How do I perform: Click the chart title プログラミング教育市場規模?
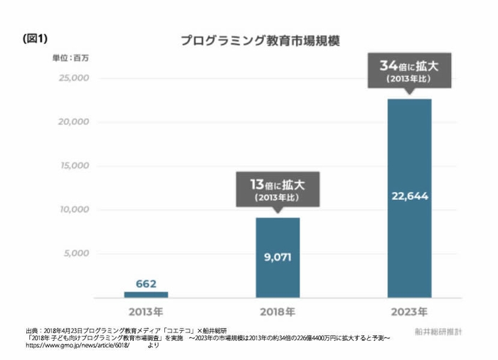pyautogui.click(x=259, y=41)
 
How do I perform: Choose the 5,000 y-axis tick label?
pyautogui.click(x=75, y=254)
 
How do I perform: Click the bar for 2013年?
pyautogui.click(x=146, y=295)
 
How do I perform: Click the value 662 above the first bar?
pyautogui.click(x=146, y=284)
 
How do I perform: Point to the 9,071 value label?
pyautogui.click(x=277, y=257)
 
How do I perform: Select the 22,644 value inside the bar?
pyautogui.click(x=409, y=196)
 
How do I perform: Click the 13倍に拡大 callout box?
pyautogui.click(x=277, y=189)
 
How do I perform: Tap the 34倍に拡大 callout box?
pyautogui.click(x=409, y=70)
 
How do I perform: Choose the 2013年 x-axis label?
pyautogui.click(x=146, y=312)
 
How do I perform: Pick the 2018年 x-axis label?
pyautogui.click(x=277, y=312)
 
